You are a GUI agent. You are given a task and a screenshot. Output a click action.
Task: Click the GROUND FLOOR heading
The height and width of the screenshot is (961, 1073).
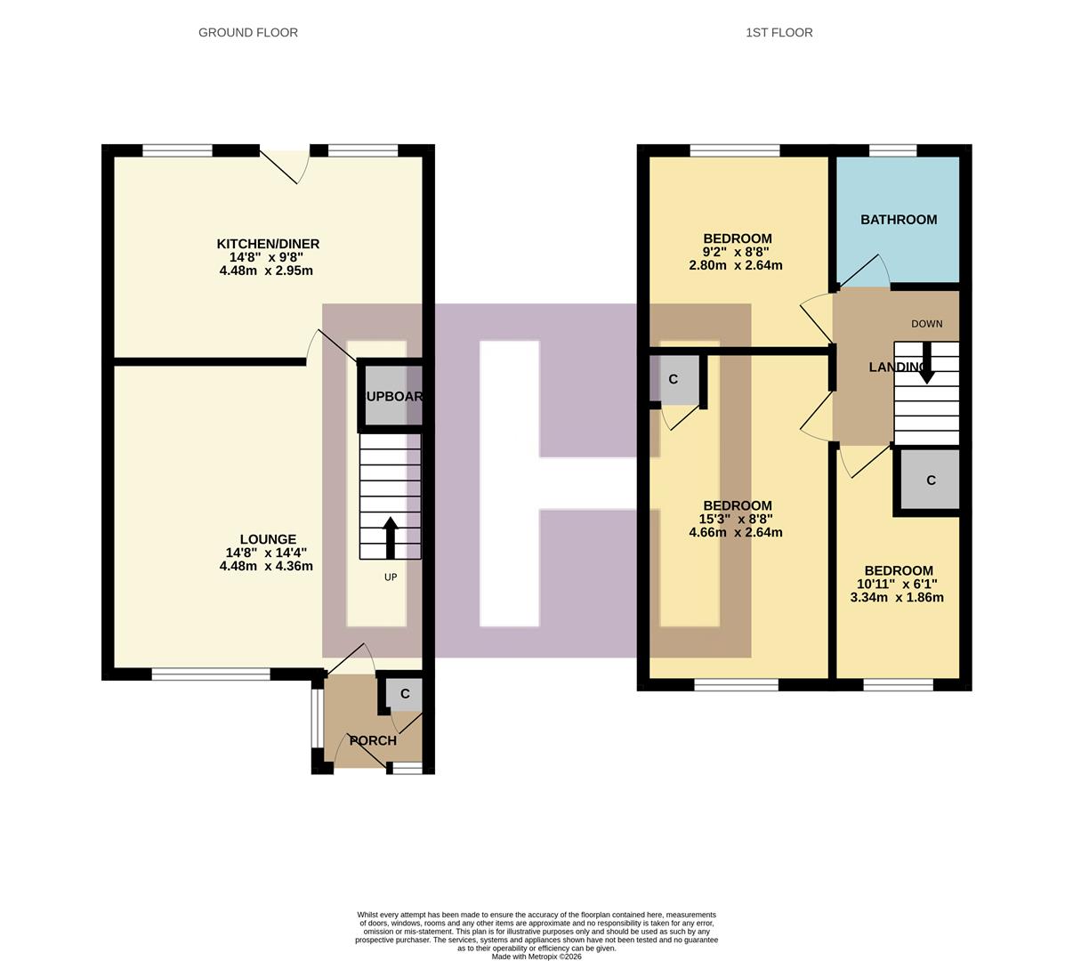click(x=247, y=33)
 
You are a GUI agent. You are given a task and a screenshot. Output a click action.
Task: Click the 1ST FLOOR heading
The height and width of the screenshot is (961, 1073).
click(x=779, y=33)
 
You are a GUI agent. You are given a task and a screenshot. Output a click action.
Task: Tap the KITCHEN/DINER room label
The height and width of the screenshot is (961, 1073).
click(x=268, y=244)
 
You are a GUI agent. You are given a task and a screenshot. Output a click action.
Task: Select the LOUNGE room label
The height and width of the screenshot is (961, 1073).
click(x=268, y=539)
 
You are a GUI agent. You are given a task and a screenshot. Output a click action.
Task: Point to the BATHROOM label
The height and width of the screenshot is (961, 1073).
click(x=898, y=220)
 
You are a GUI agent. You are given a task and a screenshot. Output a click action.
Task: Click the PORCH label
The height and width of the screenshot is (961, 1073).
click(x=373, y=740)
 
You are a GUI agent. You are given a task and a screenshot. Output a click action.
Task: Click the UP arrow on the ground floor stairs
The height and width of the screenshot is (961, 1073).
click(x=390, y=537)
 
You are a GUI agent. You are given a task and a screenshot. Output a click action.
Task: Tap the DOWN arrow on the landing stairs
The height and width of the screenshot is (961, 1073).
click(x=926, y=363)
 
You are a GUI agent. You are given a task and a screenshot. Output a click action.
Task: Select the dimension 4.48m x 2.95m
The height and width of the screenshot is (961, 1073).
click(x=266, y=271)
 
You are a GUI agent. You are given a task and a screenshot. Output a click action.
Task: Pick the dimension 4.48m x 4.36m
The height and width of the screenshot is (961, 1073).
click(x=266, y=566)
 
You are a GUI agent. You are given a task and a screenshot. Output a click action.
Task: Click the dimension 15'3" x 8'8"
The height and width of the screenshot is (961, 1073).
click(x=735, y=520)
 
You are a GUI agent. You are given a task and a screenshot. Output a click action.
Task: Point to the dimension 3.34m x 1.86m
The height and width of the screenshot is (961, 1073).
click(x=897, y=598)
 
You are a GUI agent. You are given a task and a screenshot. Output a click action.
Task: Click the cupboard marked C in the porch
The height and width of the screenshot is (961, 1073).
click(x=404, y=694)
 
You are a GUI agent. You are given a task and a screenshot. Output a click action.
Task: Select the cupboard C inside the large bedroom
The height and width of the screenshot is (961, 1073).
click(x=674, y=379)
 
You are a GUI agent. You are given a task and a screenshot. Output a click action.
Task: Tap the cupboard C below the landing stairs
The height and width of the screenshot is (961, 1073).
click(x=931, y=480)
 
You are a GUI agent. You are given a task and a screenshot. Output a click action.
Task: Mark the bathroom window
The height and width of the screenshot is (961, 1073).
click(x=892, y=150)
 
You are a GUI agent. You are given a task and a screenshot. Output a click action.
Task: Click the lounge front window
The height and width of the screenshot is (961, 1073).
click(x=211, y=674)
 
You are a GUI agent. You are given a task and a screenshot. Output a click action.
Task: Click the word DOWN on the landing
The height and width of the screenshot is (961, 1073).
click(x=926, y=324)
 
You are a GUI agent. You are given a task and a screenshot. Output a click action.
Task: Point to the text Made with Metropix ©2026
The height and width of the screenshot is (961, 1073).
click(x=536, y=957)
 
